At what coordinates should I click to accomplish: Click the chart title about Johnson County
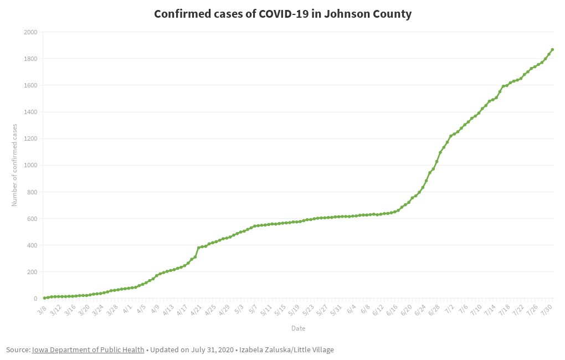click(282, 14)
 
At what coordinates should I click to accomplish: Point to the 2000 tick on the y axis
click(30, 33)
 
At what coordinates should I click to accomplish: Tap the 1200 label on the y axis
click(30, 139)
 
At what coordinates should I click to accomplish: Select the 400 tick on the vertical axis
click(32, 245)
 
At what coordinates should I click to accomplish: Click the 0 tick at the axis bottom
click(35, 299)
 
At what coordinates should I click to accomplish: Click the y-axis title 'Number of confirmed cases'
click(15, 165)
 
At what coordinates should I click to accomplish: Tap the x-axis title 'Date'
click(298, 328)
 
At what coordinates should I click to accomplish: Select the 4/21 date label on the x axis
click(195, 308)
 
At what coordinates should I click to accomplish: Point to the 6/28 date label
click(435, 308)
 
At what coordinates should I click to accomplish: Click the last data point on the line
click(552, 50)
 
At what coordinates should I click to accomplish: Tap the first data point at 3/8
click(44, 298)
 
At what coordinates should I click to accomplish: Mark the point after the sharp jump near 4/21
click(199, 248)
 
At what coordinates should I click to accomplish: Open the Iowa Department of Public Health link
click(88, 349)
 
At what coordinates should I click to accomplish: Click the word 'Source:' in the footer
click(18, 349)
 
